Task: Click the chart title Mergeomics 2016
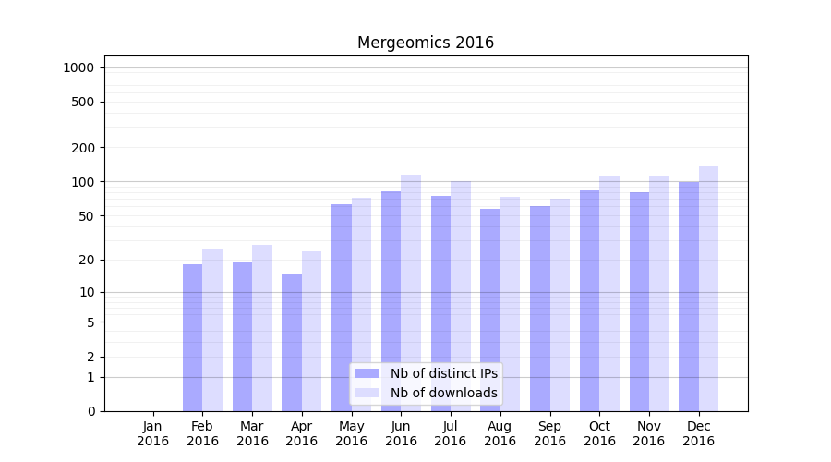click(x=426, y=43)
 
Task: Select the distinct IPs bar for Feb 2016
click(x=192, y=337)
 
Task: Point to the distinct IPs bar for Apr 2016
click(x=292, y=342)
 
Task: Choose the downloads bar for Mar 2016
click(x=262, y=328)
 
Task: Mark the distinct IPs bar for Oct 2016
click(x=589, y=300)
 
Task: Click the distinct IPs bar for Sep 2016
click(x=540, y=309)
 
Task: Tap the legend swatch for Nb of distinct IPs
click(x=367, y=373)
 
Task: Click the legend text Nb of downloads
click(x=444, y=393)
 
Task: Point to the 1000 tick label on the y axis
click(x=78, y=67)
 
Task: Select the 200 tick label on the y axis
click(x=83, y=148)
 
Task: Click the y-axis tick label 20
click(x=87, y=260)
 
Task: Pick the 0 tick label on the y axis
click(x=90, y=411)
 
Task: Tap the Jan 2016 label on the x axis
click(x=153, y=433)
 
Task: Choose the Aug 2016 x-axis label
click(x=500, y=433)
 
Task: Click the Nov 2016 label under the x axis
click(x=648, y=433)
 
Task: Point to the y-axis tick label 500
click(x=83, y=102)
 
